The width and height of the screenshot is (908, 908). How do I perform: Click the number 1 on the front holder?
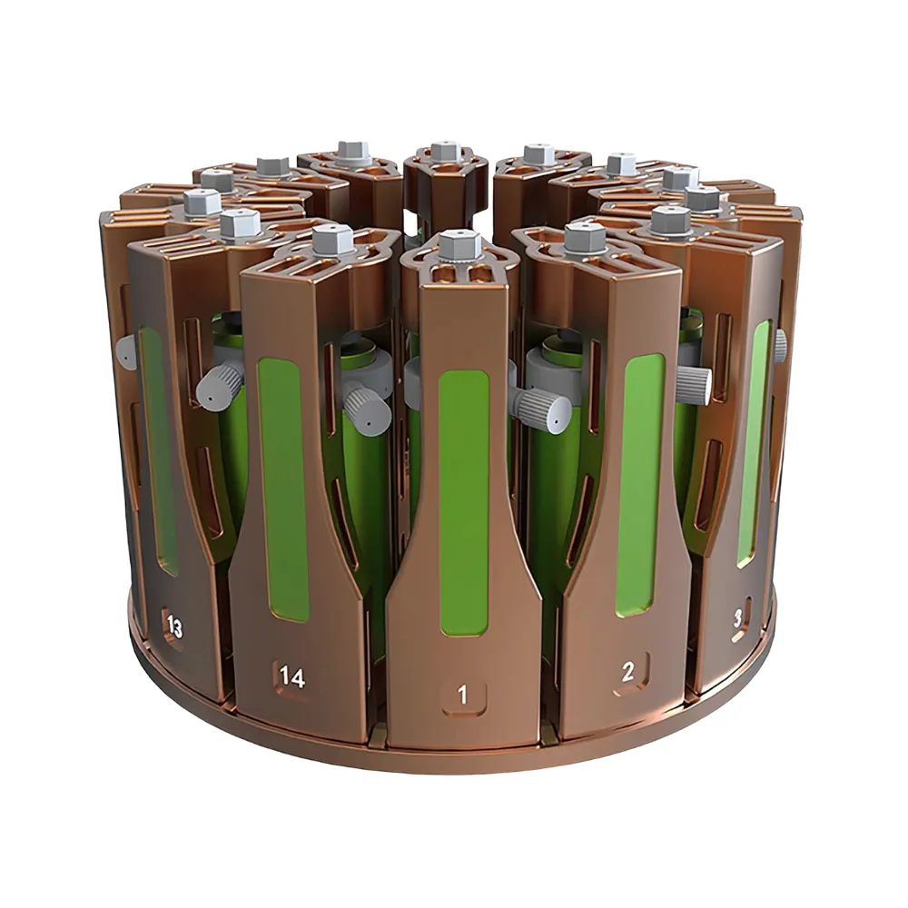[463, 695]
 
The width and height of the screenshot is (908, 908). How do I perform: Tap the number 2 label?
[628, 672]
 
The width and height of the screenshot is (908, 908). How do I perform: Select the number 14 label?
[292, 677]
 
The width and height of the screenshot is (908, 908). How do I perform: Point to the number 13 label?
[174, 627]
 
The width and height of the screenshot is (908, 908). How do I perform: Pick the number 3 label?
[737, 619]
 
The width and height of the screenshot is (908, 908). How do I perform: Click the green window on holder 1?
[464, 503]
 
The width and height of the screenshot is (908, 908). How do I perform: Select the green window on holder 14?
[284, 490]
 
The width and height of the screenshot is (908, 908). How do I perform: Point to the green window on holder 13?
[159, 451]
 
